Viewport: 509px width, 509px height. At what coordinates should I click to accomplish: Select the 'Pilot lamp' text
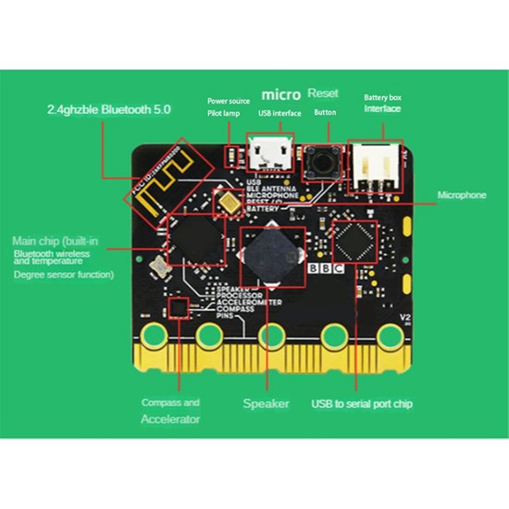(x=224, y=112)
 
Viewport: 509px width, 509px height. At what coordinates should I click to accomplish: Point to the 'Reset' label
(x=323, y=94)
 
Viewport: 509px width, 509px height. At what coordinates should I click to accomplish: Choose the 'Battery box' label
(x=381, y=97)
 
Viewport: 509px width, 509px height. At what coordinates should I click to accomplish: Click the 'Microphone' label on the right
(x=460, y=195)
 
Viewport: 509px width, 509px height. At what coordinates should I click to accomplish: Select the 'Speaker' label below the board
(x=267, y=403)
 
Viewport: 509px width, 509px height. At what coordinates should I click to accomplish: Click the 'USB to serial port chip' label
(x=362, y=403)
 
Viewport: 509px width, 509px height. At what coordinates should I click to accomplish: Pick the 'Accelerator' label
(x=169, y=419)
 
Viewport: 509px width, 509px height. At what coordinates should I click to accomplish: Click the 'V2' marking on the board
(x=404, y=319)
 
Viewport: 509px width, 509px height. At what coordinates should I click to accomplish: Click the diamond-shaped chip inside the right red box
(x=354, y=245)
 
